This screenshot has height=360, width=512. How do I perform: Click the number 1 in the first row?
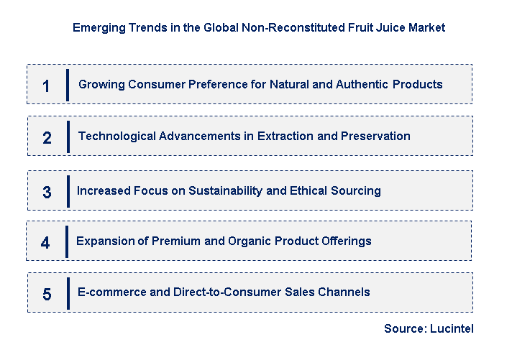[47, 86]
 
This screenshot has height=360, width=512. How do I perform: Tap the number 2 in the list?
[47, 138]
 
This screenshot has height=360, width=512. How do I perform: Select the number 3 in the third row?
[47, 193]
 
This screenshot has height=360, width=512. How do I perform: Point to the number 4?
[45, 243]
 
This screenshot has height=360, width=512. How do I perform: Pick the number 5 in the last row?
[47, 294]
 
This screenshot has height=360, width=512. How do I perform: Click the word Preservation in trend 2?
[376, 136]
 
